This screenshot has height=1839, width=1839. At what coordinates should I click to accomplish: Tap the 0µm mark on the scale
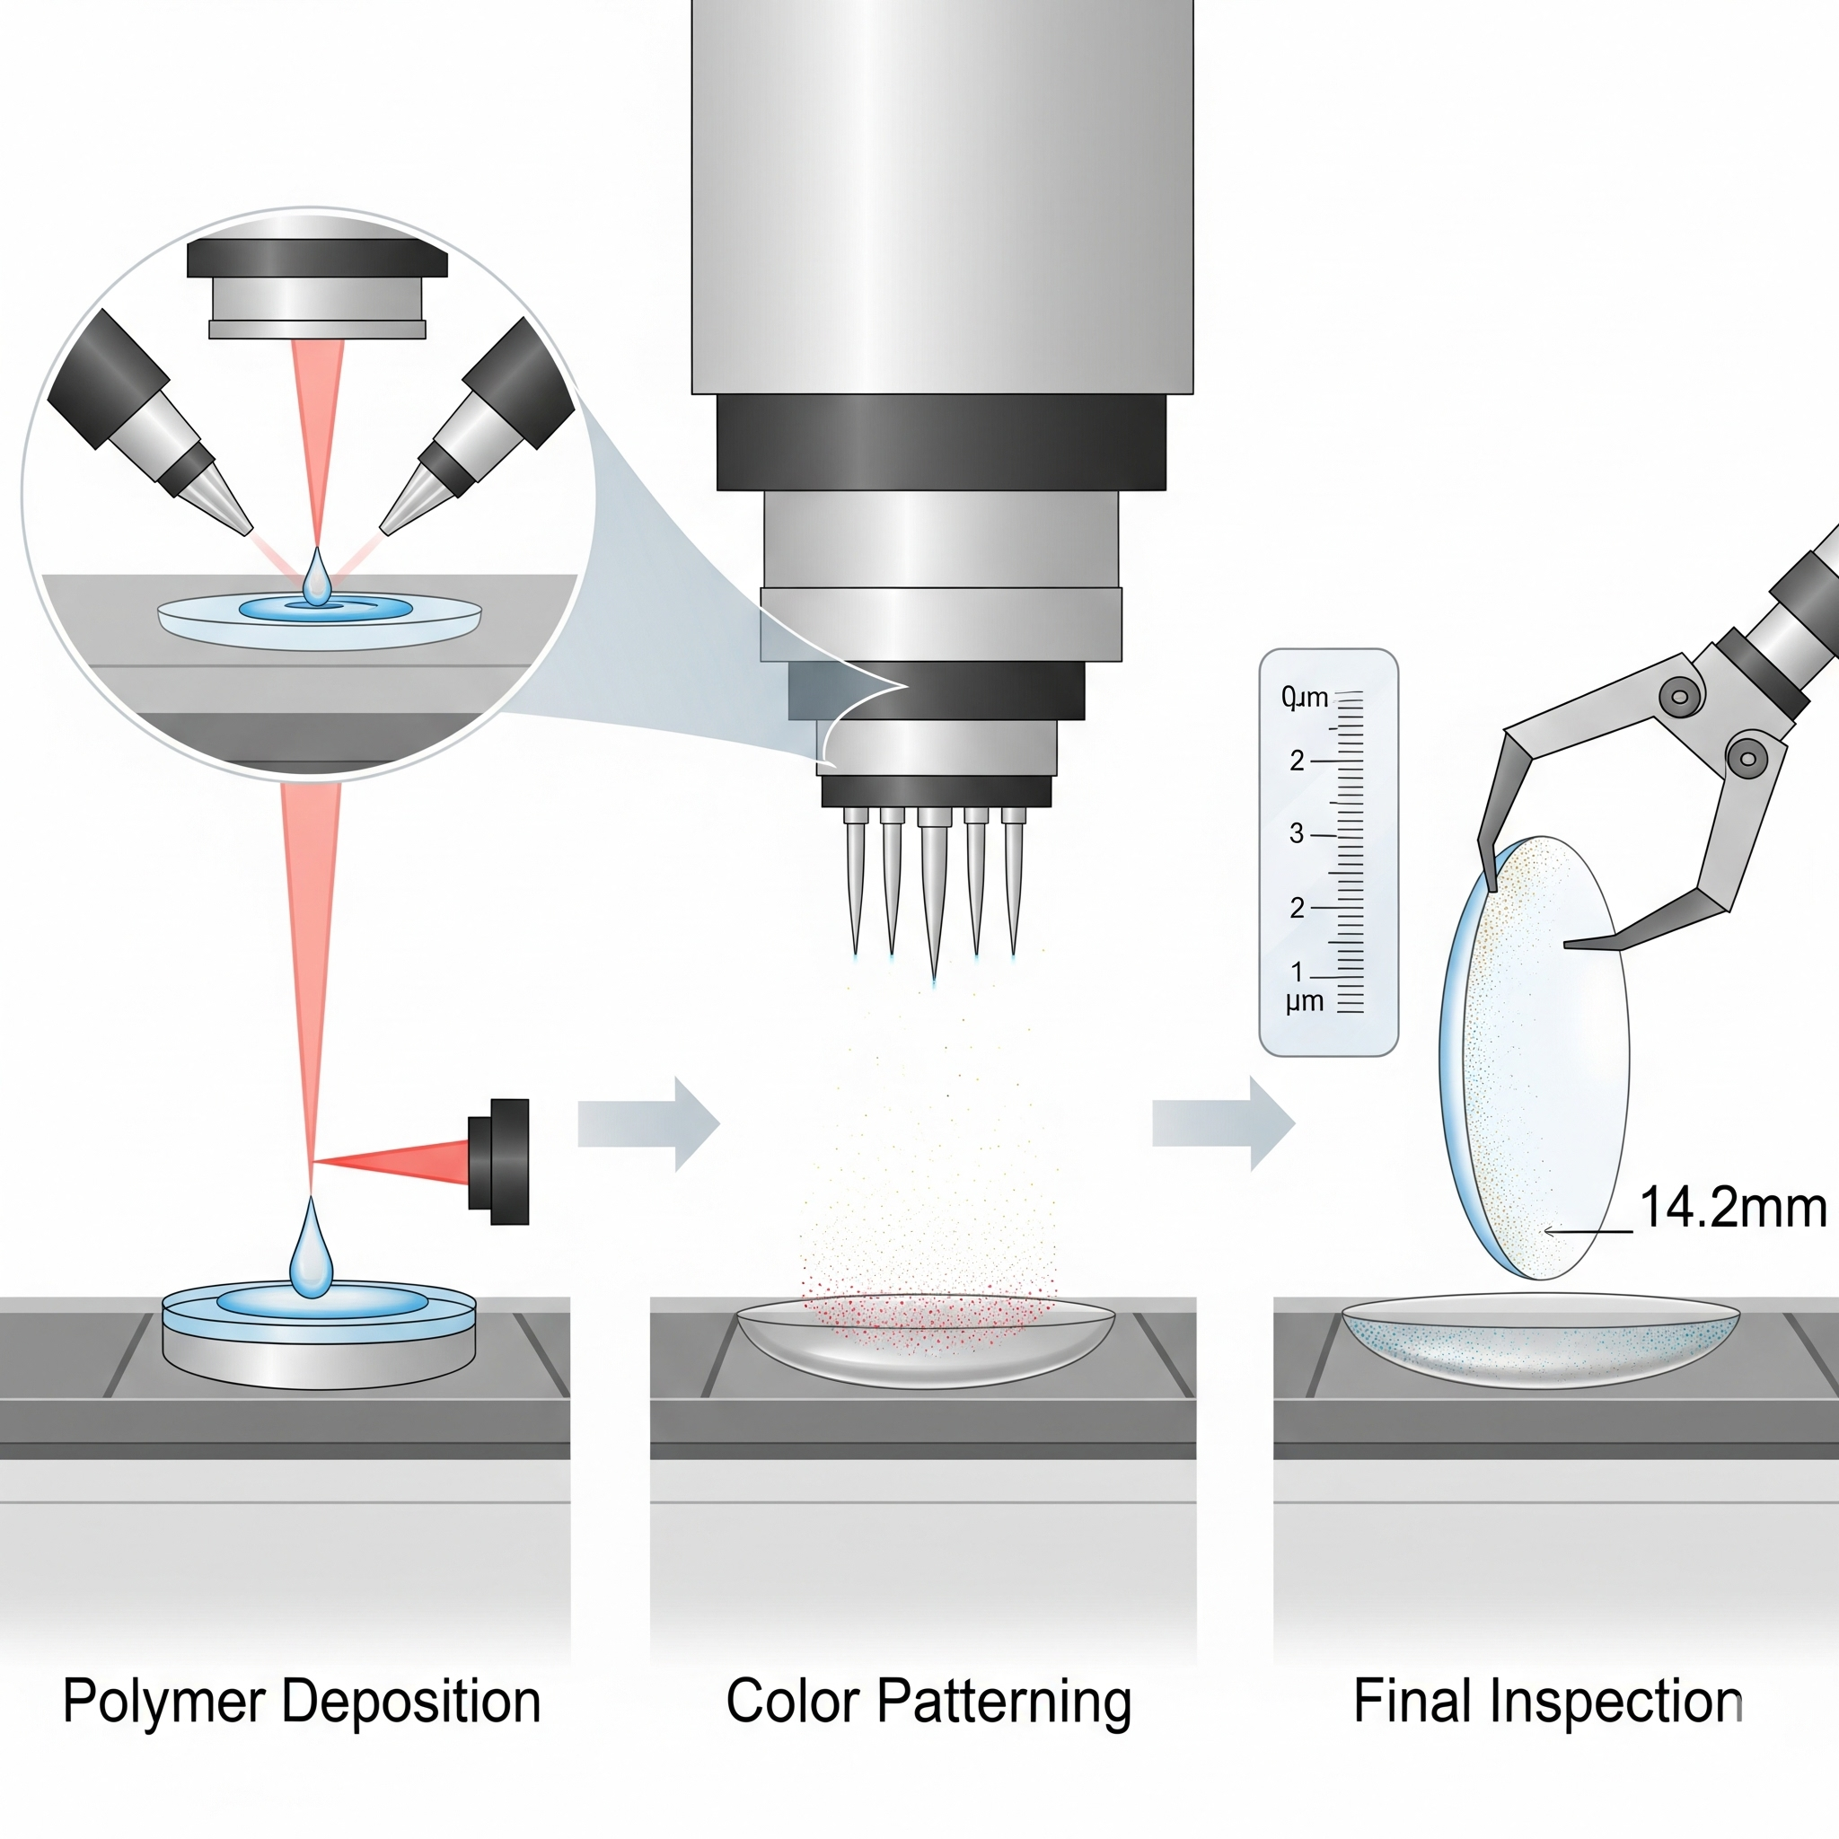pyautogui.click(x=1304, y=698)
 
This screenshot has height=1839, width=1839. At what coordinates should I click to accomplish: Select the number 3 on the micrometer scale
pyautogui.click(x=1297, y=834)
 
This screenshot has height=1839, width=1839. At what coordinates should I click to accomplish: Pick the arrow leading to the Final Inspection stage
pyautogui.click(x=1223, y=1123)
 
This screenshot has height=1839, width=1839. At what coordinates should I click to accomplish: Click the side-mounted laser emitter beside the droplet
pyautogui.click(x=498, y=1161)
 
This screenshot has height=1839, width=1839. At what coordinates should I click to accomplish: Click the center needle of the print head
pyautogui.click(x=933, y=894)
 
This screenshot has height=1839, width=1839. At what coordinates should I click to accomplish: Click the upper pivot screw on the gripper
pyautogui.click(x=1679, y=697)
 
